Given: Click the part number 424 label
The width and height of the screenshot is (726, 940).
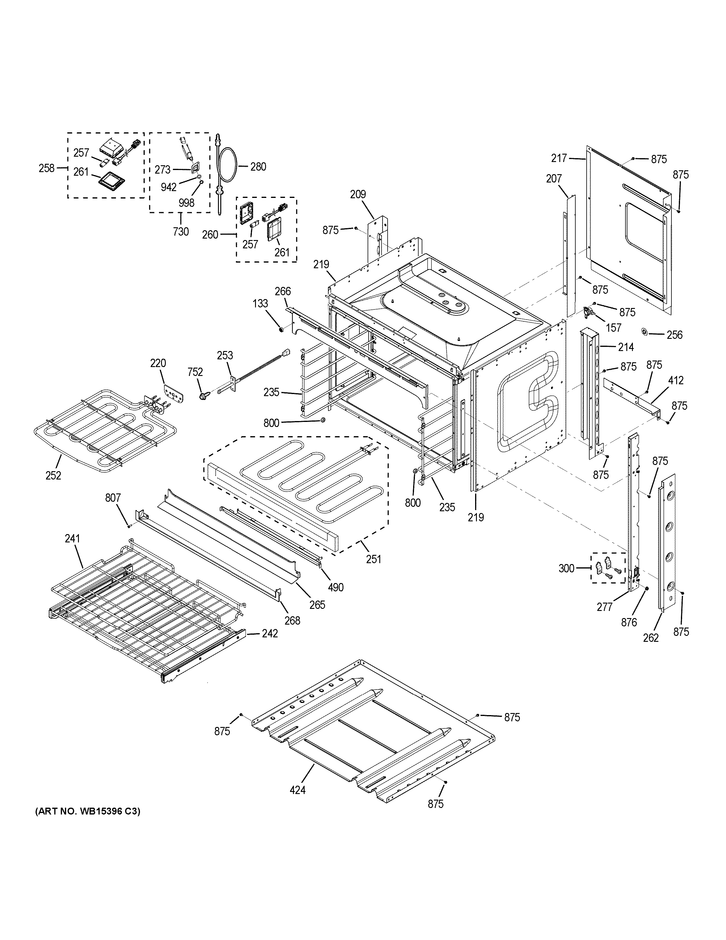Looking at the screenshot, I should [297, 790].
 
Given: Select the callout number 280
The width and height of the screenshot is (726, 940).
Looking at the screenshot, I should [258, 166].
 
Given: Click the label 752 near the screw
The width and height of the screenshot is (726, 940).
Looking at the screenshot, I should [195, 372].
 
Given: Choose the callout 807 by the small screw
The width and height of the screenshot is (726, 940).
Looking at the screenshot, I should [113, 498].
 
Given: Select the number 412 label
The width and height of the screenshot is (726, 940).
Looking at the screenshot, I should [676, 380].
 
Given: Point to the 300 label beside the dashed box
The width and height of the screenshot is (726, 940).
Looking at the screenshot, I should [566, 569].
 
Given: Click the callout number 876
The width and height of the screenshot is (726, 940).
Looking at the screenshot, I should [629, 622].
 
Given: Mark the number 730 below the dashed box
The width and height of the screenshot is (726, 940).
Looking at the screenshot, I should [181, 231].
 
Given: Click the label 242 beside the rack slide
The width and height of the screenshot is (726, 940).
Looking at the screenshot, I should [270, 633].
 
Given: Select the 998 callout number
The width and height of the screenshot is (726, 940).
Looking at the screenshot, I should [186, 203].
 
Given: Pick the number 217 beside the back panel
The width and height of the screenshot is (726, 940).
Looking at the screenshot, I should [559, 158].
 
